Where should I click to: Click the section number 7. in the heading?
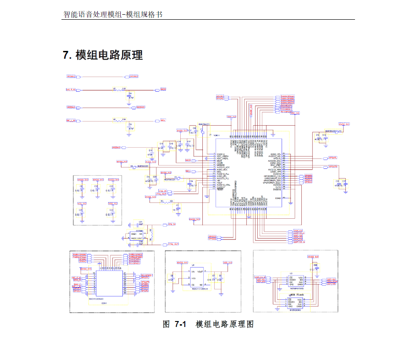click(x=67, y=55)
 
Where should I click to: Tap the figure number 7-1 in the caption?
click(x=181, y=324)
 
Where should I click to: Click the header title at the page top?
click(x=112, y=14)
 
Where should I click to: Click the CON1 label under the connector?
click(x=104, y=303)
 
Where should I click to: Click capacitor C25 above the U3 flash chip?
click(x=315, y=268)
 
